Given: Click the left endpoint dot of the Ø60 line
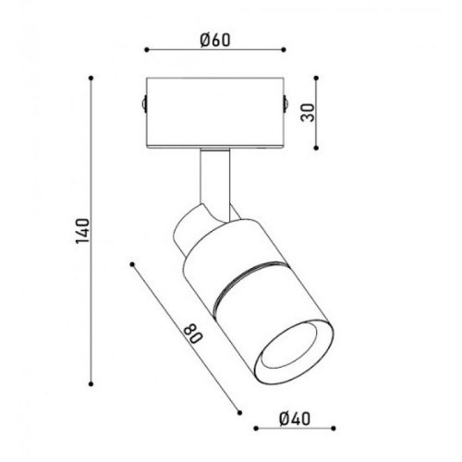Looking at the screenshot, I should tap(147, 52).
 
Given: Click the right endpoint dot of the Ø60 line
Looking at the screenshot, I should tap(283, 52).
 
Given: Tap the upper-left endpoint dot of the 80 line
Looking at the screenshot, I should tap(134, 265).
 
